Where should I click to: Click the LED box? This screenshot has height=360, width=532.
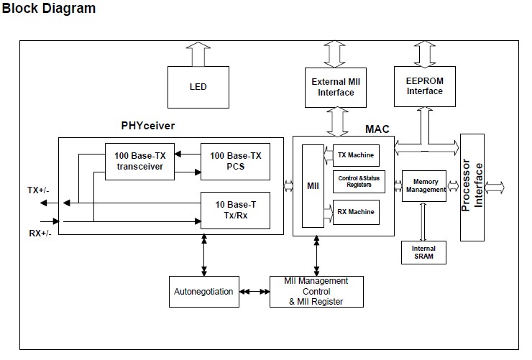coord(198,87)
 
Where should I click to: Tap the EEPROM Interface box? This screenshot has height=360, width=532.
coord(424,86)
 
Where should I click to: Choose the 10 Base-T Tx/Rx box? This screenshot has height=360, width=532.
coord(235,210)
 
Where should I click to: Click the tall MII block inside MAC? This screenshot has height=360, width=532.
coord(313,186)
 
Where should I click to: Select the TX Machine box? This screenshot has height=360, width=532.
coord(356,155)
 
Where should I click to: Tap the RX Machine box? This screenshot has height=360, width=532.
coord(356,212)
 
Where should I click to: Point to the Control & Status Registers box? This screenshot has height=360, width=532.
coord(359,183)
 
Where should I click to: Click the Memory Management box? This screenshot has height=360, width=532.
coord(425,185)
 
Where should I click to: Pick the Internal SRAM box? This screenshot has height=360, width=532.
coord(423,252)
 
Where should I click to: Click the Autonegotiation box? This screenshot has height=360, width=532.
coord(203,291)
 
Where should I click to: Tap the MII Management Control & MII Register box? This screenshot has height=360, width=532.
coord(316,291)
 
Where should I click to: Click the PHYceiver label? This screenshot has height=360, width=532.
coord(148,126)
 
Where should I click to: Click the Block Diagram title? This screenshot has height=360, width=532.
coord(49,9)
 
